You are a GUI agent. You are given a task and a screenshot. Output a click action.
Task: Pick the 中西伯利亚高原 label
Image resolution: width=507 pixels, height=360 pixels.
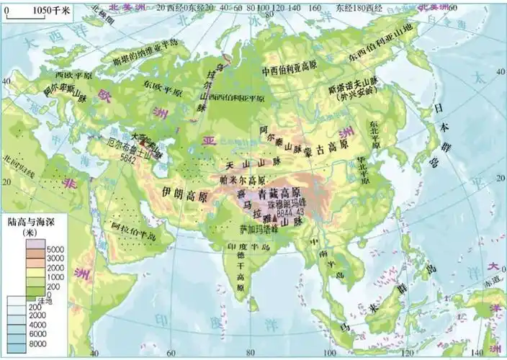pyautogui.click(x=290, y=71)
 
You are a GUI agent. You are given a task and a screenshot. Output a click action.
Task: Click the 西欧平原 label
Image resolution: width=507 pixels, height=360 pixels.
pyautogui.click(x=72, y=74)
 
